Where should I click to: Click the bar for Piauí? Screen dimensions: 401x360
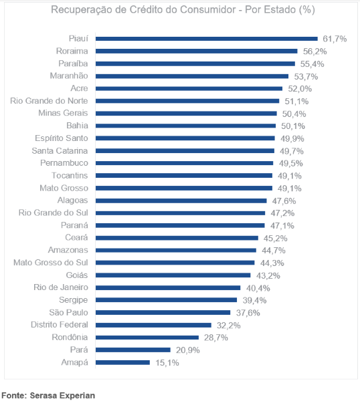coord(206,39)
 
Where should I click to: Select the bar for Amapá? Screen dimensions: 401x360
coord(122,362)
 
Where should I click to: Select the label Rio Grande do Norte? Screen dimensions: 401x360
coord(50,101)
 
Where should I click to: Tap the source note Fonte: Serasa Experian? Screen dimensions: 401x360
coord(48,396)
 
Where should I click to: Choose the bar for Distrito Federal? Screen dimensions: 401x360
coord(155,325)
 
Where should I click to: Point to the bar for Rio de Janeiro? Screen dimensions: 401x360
coord(168,287)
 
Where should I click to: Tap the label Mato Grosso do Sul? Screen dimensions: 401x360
coord(51,263)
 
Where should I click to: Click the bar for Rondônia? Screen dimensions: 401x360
coord(147,338)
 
